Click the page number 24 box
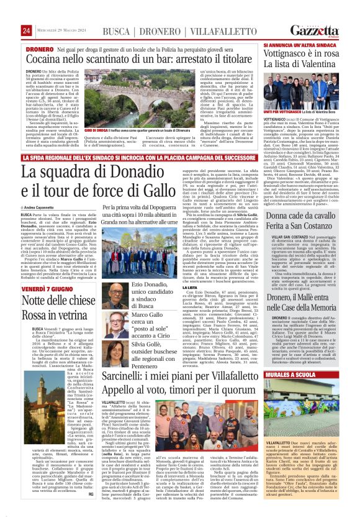[26, 31]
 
